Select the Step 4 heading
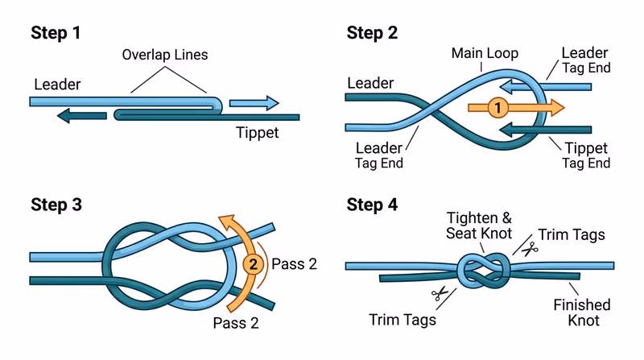pyautogui.click(x=372, y=205)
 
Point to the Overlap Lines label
pyautogui.click(x=164, y=56)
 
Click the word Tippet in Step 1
pyautogui.click(x=258, y=133)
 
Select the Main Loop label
pyautogui.click(x=484, y=55)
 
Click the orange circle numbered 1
pyautogui.click(x=498, y=107)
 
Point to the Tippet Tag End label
pyautogui.click(x=585, y=155)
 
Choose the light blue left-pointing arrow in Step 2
pyautogui.click(x=540, y=85)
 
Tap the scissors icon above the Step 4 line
pyautogui.click(x=528, y=249)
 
